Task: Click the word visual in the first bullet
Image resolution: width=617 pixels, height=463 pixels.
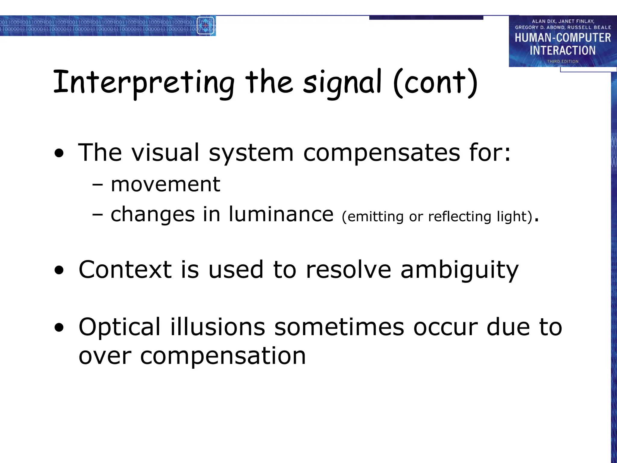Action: tap(165, 153)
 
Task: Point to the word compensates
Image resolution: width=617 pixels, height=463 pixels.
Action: tap(381, 153)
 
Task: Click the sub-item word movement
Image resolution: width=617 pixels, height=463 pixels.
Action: tap(165, 184)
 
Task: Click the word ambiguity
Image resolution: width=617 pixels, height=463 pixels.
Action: tap(459, 270)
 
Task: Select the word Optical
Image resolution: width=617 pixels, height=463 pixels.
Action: tap(119, 327)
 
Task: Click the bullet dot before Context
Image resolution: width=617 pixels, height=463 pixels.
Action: tap(59, 270)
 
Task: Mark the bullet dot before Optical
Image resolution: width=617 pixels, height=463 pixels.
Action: tap(59, 328)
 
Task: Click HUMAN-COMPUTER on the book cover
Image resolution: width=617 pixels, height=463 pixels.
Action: tap(562, 38)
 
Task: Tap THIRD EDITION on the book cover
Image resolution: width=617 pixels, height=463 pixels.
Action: tap(562, 61)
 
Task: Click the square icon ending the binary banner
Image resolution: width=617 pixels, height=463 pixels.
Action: tap(205, 26)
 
